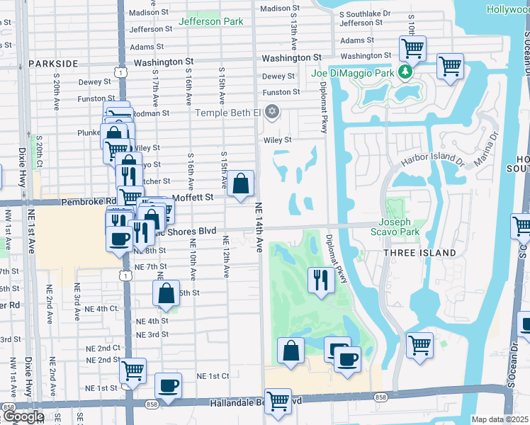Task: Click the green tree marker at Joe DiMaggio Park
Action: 405,72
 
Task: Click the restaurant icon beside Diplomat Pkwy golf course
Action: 321,279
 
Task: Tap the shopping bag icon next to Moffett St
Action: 241,183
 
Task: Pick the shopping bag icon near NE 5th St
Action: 166,293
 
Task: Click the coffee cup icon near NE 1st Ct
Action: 168,385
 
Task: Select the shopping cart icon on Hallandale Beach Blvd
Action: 278,401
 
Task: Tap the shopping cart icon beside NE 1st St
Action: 132,370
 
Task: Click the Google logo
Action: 23,416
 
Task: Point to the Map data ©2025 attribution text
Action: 500,419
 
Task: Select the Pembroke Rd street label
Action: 89,201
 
